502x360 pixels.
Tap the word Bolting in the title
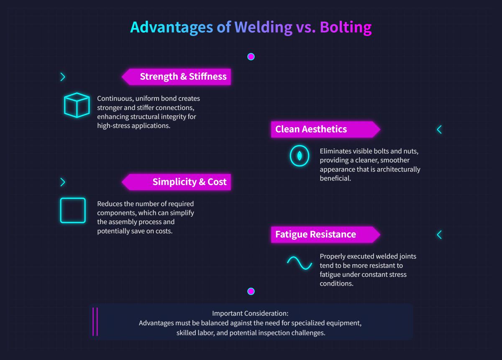tap(346, 27)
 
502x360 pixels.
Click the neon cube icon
tap(77, 105)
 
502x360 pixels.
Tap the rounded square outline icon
tap(73, 210)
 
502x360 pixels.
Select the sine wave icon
tap(300, 263)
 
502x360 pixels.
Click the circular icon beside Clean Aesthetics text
tap(300, 156)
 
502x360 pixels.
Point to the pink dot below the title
tap(251, 56)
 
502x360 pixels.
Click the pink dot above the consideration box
tap(251, 291)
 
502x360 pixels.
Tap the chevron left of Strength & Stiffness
tap(63, 77)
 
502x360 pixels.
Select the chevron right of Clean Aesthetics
tap(439, 129)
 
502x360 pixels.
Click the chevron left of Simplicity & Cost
tap(63, 182)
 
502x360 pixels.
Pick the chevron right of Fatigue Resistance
tap(439, 235)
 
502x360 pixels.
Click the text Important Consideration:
tap(250, 313)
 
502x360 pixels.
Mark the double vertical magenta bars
tap(95, 322)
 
